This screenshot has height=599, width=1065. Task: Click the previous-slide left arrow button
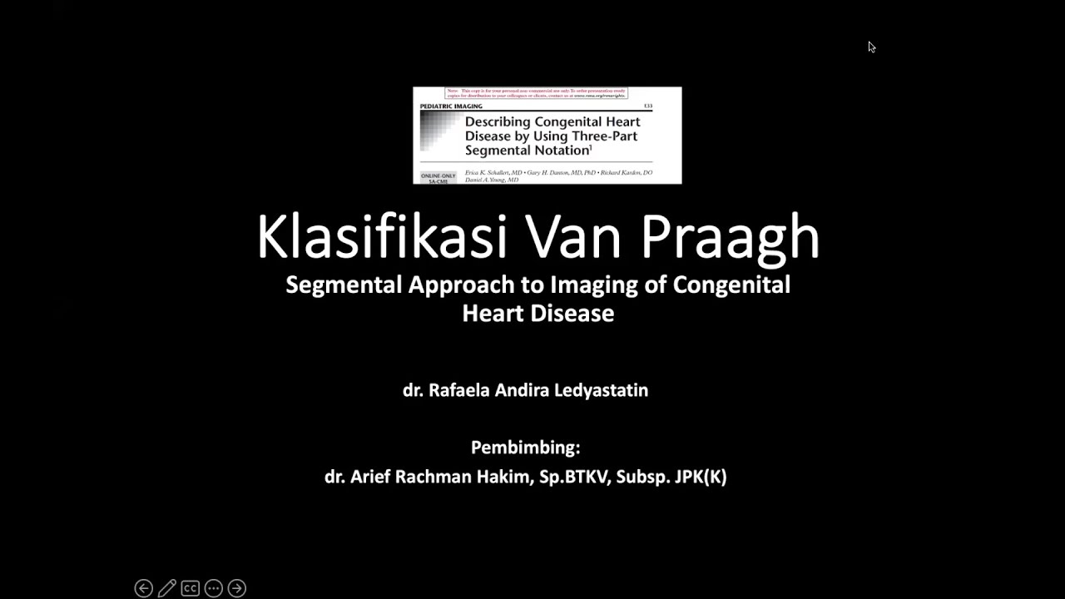(143, 588)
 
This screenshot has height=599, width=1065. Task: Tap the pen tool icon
(166, 588)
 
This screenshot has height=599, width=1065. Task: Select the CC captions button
(190, 588)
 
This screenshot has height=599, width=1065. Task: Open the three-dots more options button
(213, 588)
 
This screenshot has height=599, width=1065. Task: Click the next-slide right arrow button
(236, 588)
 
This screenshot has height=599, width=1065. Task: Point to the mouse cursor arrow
(871, 47)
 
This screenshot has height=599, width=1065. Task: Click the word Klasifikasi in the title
(381, 237)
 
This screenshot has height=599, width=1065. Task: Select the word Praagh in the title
(730, 237)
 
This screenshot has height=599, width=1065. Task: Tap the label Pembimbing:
(525, 448)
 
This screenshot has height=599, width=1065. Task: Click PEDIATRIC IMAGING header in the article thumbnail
(451, 106)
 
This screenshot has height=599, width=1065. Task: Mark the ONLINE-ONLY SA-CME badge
(438, 178)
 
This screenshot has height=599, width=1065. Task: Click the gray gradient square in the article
(439, 133)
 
